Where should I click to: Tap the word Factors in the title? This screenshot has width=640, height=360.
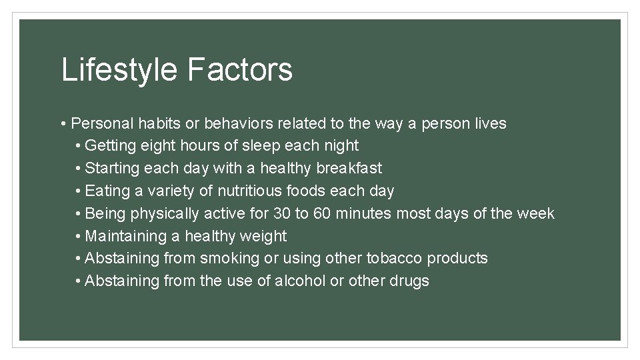coord(240,69)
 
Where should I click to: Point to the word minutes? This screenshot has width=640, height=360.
coord(365,213)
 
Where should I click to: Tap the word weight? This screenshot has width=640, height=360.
coord(264,236)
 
